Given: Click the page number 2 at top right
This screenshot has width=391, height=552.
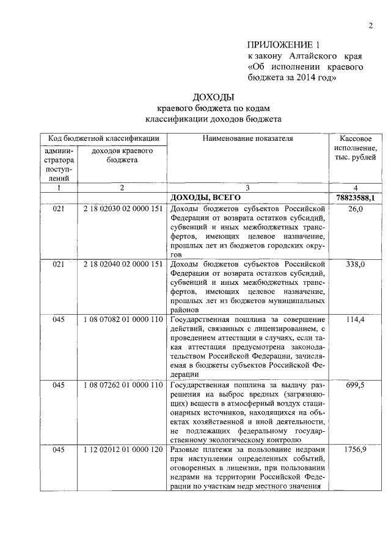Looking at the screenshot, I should click(370, 25).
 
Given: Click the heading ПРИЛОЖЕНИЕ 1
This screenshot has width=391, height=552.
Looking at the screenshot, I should click(283, 45).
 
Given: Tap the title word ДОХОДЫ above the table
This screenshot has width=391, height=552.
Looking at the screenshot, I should click(213, 97).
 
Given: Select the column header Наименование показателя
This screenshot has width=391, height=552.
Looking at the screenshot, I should click(248, 138).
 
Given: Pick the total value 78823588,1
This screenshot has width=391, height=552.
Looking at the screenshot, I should click(356, 198).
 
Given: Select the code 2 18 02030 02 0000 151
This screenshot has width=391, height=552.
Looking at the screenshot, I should click(123, 209).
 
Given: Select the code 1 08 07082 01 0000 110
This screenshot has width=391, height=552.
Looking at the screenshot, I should click(123, 320).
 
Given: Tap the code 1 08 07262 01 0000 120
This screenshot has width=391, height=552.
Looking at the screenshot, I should click(123, 385).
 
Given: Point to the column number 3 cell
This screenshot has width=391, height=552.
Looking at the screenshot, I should click(248, 188).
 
